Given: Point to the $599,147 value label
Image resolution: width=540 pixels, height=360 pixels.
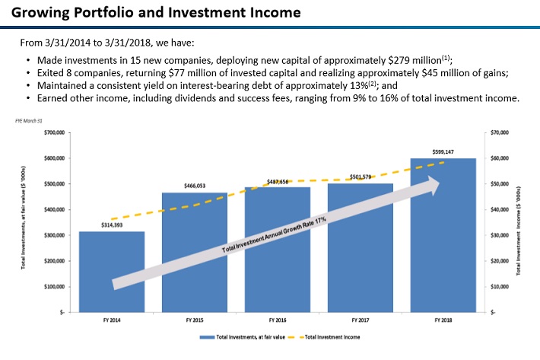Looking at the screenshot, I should (x=443, y=151).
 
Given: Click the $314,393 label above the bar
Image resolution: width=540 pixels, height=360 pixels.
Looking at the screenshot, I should (x=112, y=225).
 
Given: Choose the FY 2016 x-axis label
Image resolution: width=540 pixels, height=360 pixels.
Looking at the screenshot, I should (x=277, y=320).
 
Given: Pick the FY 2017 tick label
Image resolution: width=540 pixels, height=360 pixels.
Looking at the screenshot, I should (x=360, y=320).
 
